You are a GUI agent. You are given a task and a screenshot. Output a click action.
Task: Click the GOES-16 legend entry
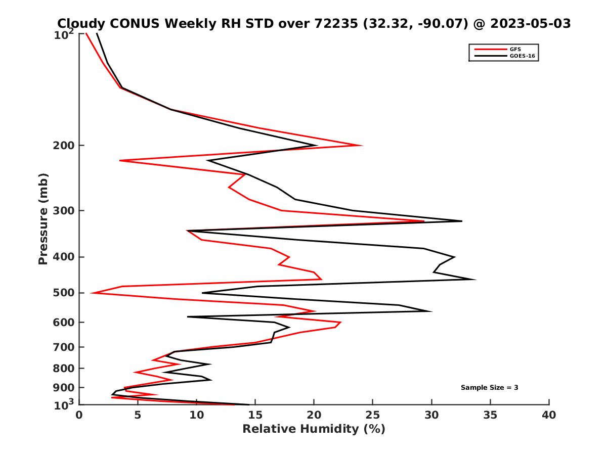tap(521, 56)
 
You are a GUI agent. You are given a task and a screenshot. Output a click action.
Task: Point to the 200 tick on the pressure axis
tap(64, 146)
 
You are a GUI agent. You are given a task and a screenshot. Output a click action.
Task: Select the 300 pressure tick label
tap(64, 211)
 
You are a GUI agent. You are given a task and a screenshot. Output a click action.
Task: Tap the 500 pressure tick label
tap(64, 293)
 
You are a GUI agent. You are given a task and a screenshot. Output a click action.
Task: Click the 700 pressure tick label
tap(64, 347)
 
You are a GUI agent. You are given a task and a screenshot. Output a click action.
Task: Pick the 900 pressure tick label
tap(64, 388)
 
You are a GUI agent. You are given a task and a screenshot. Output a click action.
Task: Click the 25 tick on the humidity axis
tap(373, 415)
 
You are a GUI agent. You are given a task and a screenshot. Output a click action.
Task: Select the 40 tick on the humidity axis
tap(549, 415)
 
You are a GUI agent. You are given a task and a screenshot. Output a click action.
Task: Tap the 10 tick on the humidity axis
tap(197, 415)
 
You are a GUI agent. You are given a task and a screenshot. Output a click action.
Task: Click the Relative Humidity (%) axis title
tap(314, 429)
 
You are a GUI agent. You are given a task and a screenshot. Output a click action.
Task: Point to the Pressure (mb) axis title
tap(43, 218)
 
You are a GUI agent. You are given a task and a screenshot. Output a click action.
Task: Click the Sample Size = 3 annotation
tap(489, 388)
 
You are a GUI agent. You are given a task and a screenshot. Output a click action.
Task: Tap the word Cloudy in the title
tap(82, 23)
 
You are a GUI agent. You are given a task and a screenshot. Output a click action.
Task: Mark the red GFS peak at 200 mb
tap(362, 146)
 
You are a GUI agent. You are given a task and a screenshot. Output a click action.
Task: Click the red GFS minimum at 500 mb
tap(92, 293)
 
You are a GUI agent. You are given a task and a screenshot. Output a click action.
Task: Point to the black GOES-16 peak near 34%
tap(474, 280)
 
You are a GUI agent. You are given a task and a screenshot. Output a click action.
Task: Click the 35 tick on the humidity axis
tap(490, 415)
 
